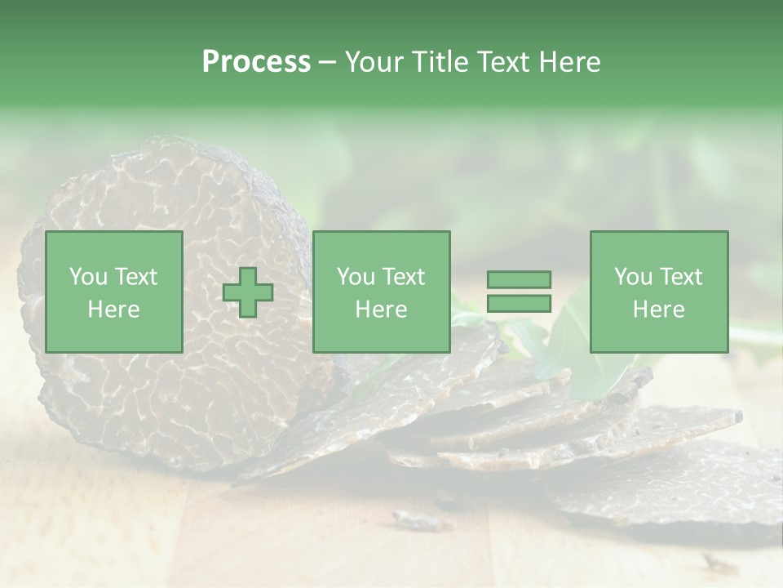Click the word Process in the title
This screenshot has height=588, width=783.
point(256,62)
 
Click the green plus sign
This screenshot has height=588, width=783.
point(248,292)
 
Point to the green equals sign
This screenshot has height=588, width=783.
point(519,292)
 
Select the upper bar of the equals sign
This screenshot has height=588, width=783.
point(519,279)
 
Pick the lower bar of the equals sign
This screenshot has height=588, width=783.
point(519,304)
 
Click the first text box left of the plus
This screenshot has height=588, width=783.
point(113,292)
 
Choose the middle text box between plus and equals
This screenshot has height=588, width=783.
point(381,292)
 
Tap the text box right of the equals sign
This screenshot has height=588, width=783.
point(658,292)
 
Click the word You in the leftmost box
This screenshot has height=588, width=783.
point(89,277)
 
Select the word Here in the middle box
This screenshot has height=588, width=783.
point(381,310)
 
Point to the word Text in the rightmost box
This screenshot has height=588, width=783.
point(683,277)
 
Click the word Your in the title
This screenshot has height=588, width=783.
point(376,62)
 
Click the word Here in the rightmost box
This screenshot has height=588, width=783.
point(658,310)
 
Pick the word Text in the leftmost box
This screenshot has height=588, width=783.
point(137,277)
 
